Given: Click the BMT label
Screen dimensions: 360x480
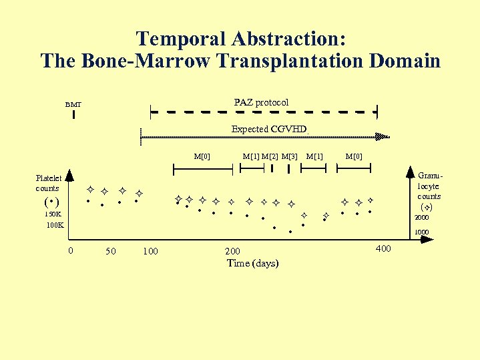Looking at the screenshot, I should coord(73,104).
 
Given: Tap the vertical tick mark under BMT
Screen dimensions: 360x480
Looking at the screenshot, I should coord(73,116).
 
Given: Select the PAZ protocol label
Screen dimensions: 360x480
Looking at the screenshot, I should coord(261,102).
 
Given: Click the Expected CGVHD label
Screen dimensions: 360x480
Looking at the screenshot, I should coord(268,128).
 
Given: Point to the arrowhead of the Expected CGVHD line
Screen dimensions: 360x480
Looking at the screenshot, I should coord(382,137).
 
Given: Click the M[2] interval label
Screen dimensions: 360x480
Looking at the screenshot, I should coord(270,156).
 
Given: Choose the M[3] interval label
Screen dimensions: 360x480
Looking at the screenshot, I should coord(290,156).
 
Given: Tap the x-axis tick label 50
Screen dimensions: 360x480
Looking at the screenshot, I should coord(111,251).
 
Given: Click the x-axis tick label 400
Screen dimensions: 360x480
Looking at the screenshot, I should coord(383,248).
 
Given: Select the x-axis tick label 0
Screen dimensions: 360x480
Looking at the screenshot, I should coord(71,250).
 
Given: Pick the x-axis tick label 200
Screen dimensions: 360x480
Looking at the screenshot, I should coord(232,251).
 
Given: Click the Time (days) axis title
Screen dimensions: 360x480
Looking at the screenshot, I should coord(252,263).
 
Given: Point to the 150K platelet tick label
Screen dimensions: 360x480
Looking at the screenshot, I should coord(53,214).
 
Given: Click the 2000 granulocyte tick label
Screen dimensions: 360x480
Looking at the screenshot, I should coord(421,218).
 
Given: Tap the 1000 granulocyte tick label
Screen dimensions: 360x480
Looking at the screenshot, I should coord(421,232).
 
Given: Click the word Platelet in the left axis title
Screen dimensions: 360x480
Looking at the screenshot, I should coord(49,178).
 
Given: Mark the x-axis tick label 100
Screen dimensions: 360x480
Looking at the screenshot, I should coord(151,251).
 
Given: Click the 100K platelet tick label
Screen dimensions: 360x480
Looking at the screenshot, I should coord(55,225).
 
